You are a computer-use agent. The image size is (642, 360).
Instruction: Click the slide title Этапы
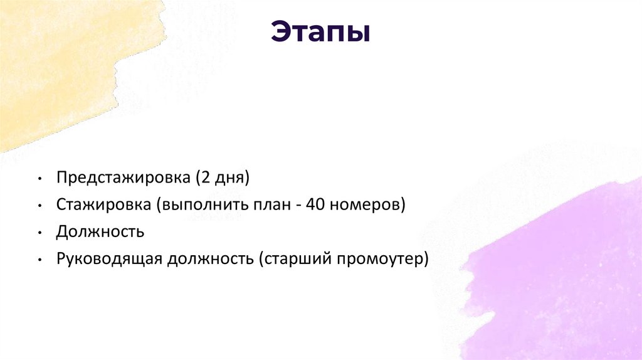coord(320,33)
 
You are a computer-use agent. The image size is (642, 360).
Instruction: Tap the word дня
coord(230,178)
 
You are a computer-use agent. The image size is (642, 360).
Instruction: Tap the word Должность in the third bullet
coord(100,232)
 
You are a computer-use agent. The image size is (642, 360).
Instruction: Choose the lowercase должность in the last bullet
coord(209,259)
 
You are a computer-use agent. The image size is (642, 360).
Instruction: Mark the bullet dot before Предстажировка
coord(39,179)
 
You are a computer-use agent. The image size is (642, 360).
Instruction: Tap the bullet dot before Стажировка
coord(39,206)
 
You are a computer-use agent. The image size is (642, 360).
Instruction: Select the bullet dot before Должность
coord(39,233)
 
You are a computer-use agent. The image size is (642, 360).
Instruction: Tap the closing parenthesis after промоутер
coord(426,259)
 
